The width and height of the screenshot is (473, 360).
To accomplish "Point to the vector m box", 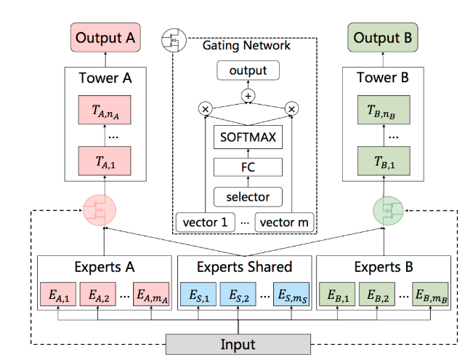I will pos(285,223).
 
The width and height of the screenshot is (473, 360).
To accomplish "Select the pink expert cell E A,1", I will pos(63,296).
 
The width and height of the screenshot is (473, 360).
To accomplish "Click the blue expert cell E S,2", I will pos(238,296).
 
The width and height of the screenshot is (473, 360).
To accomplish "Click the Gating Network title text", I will pos(247,45).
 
